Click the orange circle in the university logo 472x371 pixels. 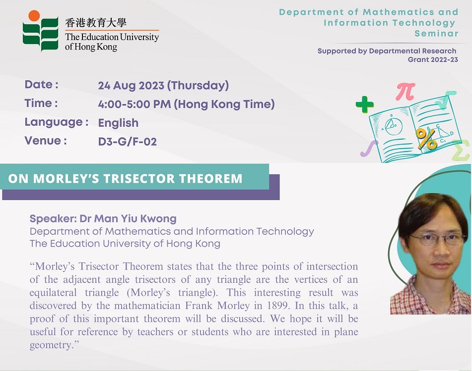[34, 16]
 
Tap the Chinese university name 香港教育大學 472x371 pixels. [96, 22]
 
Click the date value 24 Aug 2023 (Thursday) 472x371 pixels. [163, 86]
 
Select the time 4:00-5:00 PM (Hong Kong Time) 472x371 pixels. [186, 104]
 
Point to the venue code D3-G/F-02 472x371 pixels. [128, 142]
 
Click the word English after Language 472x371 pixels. [118, 123]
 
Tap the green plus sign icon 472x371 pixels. [364, 105]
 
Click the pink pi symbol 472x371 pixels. [405, 91]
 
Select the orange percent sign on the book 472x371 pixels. [426, 139]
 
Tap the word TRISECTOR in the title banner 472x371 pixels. [139, 178]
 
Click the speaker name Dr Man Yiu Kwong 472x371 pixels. [128, 218]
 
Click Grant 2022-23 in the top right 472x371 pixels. [433, 59]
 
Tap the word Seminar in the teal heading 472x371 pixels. [436, 33]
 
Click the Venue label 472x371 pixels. [46, 141]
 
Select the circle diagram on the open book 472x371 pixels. [394, 127]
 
